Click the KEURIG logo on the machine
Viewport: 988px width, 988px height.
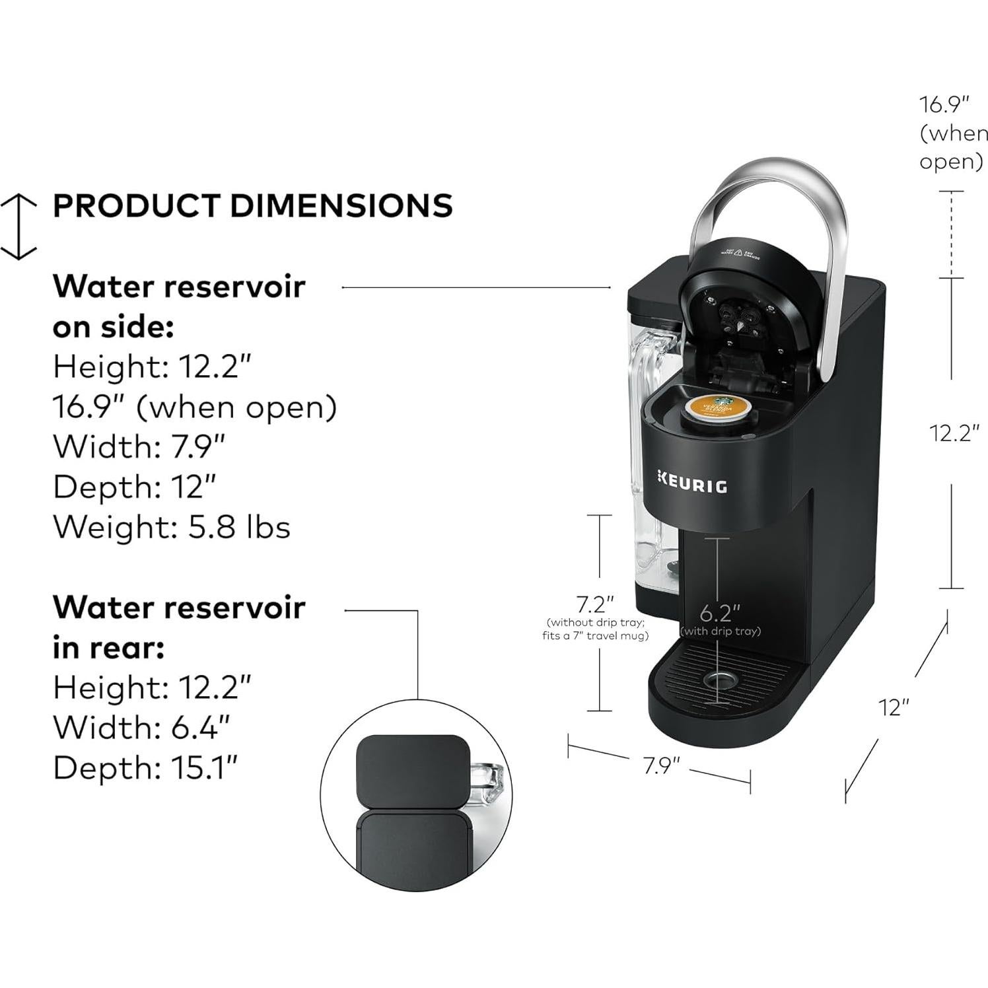(x=692, y=485)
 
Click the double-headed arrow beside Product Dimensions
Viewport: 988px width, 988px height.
(x=18, y=226)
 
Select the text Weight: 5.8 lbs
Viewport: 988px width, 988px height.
(x=172, y=527)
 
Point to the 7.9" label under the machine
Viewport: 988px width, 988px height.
(x=661, y=765)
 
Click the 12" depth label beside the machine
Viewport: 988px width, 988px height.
(x=894, y=707)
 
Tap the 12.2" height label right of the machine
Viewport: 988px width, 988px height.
(x=954, y=433)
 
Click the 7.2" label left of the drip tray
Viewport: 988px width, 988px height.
(x=595, y=604)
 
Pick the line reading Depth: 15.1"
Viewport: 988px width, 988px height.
(x=145, y=767)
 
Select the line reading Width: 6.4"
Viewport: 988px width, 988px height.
(x=141, y=727)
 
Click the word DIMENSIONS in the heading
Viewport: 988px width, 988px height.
(x=341, y=205)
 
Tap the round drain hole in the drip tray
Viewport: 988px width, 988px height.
(x=719, y=680)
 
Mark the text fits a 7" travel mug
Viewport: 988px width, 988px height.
(x=595, y=636)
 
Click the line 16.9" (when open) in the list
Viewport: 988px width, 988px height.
(x=195, y=407)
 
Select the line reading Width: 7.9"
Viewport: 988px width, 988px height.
(x=139, y=446)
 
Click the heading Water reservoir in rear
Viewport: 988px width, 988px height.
(x=179, y=627)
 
